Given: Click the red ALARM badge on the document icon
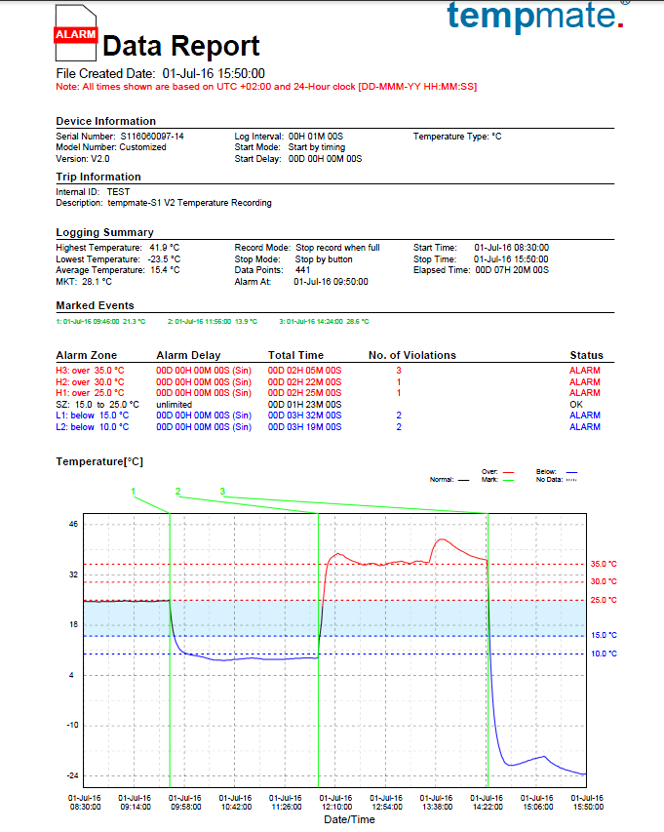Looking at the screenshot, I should [75, 34].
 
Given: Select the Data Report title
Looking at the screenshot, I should [181, 46].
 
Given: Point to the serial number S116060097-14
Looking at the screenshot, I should [151, 137].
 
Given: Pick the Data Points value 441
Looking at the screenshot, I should [302, 270].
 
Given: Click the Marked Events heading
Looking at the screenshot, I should [96, 306].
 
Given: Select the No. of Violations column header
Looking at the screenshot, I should [411, 355].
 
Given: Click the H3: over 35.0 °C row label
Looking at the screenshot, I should [91, 371].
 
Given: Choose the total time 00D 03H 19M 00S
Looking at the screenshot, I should [304, 427].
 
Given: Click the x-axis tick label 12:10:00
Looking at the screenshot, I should [335, 807].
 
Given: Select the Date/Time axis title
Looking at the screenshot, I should [349, 820].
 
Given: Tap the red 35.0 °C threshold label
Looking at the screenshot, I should [604, 564].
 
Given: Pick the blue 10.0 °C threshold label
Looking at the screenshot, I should [604, 654].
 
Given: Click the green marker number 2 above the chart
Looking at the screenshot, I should [177, 491].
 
